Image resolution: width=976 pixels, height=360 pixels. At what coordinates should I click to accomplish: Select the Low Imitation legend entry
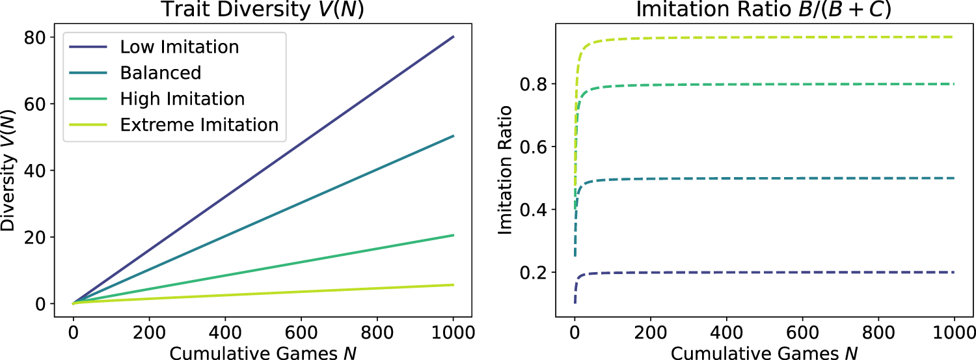(179, 47)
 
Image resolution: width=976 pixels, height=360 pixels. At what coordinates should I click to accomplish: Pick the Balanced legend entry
(160, 72)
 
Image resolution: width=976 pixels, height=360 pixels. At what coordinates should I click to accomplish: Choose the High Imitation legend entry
(182, 98)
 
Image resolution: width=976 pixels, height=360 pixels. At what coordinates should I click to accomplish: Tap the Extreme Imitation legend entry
(199, 124)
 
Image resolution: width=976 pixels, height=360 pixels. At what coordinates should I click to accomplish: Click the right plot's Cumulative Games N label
(764, 352)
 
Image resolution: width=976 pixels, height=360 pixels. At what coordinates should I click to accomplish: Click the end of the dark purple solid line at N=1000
(454, 36)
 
